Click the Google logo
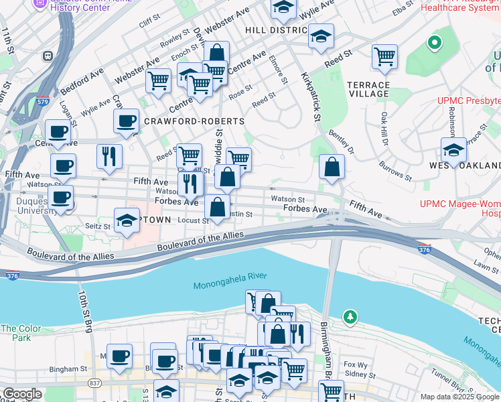pyautogui.click(x=22, y=394)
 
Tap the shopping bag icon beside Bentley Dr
pyautogui.click(x=332, y=167)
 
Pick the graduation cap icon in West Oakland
pyautogui.click(x=453, y=150)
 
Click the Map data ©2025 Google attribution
pyautogui.click(x=459, y=397)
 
